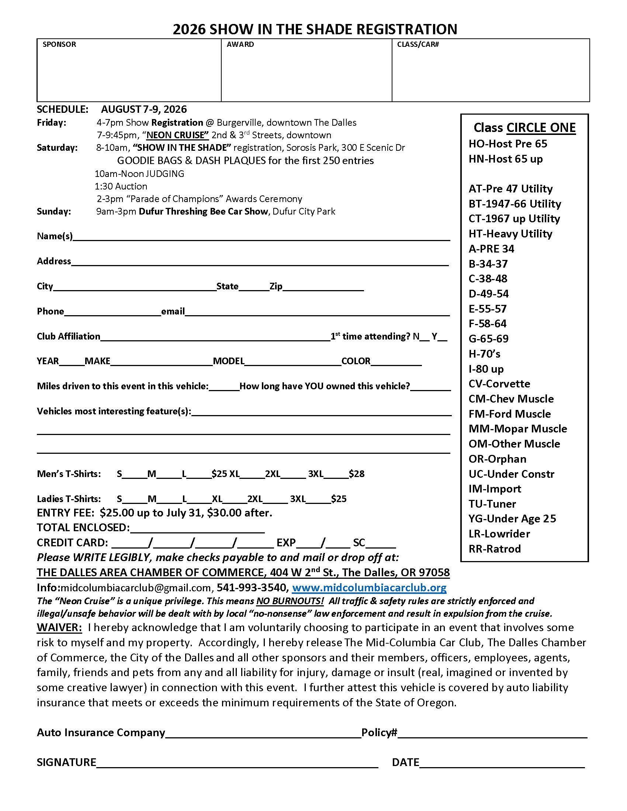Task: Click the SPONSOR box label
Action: click(59, 45)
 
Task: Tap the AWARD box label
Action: click(240, 45)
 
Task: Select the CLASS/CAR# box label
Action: click(418, 45)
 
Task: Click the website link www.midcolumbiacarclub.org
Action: click(369, 588)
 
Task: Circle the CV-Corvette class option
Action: click(499, 384)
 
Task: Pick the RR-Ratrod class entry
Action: click(494, 549)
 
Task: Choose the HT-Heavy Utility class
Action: click(510, 234)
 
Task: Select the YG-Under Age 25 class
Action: click(512, 518)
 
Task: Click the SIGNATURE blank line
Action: click(237, 763)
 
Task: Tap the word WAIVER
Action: click(59, 627)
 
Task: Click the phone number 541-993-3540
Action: click(251, 588)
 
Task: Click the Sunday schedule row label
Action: click(53, 211)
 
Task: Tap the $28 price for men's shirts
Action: click(357, 474)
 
